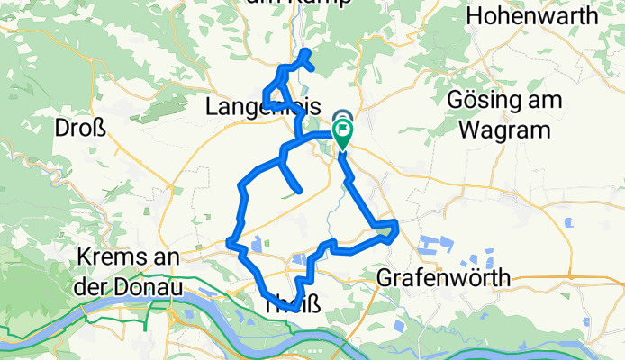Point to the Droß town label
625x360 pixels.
tap(81, 127)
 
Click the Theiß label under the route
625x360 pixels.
tap(292, 305)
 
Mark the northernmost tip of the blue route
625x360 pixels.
tap(306, 50)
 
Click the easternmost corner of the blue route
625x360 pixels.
tap(395, 222)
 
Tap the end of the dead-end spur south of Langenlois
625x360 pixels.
tap(297, 190)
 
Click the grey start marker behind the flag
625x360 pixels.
tap(343, 117)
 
